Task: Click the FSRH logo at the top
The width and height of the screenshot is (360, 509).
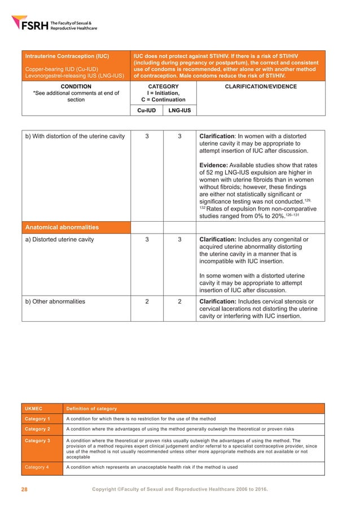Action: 54,23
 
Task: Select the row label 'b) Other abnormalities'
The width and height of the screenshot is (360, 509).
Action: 56,301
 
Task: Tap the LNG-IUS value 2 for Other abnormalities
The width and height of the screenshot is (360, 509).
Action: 179,301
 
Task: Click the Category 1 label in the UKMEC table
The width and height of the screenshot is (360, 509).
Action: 37,419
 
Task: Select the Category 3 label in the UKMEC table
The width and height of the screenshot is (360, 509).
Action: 37,441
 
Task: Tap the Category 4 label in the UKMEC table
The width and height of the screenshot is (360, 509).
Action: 37,467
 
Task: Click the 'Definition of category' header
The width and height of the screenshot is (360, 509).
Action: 91,409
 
